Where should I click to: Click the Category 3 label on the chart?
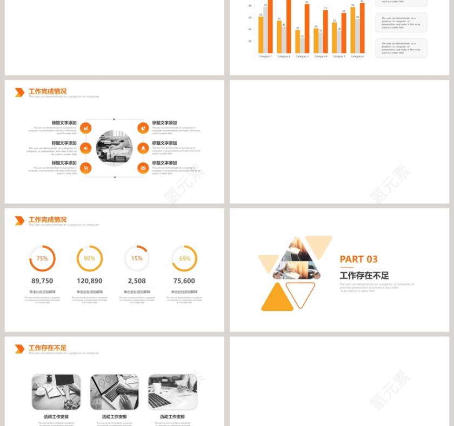[302, 56]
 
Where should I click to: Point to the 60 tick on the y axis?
[250, 17]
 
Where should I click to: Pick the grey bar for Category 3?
[302, 45]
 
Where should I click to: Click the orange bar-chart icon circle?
[86, 128]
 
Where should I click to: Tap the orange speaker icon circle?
[86, 148]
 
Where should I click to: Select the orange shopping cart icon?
[86, 168]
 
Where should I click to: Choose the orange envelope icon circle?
[143, 168]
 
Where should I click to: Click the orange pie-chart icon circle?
[143, 128]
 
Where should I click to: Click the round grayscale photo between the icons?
[114, 148]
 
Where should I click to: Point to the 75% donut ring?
[42, 258]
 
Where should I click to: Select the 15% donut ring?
[137, 258]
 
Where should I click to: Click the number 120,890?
[90, 281]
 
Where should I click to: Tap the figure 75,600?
[184, 281]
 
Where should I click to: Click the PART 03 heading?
[359, 259]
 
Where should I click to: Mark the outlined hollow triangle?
[301, 292]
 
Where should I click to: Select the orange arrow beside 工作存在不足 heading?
[19, 349]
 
